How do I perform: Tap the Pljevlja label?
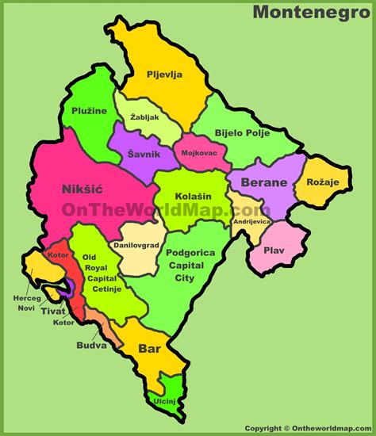click(164, 75)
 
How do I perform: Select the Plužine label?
click(88, 112)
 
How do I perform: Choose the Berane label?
click(264, 182)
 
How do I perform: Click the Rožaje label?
click(322, 183)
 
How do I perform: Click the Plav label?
click(274, 251)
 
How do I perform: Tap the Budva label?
click(91, 346)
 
